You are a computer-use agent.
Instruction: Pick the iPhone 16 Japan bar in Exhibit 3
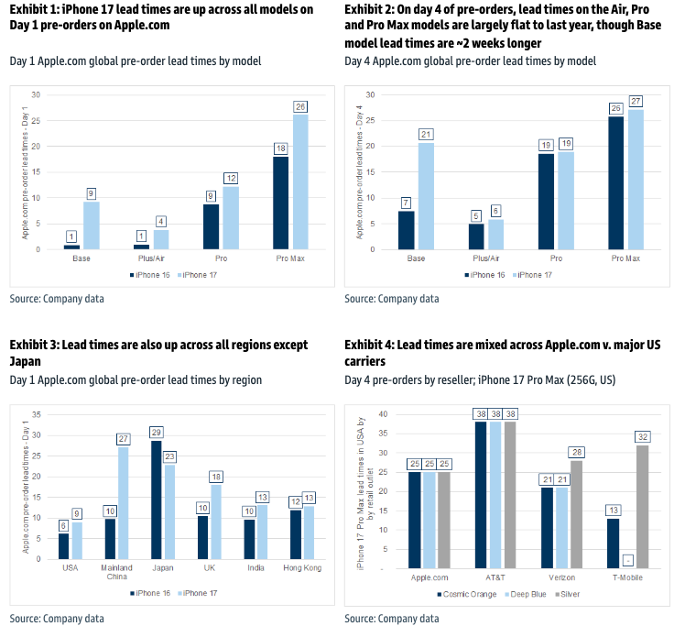click(x=156, y=499)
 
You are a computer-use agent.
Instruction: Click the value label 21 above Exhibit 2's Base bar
click(x=425, y=135)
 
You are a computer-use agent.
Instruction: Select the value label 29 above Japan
click(x=156, y=433)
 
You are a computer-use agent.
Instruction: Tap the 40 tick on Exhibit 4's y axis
click(x=384, y=414)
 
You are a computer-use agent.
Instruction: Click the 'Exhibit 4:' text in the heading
click(x=371, y=345)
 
